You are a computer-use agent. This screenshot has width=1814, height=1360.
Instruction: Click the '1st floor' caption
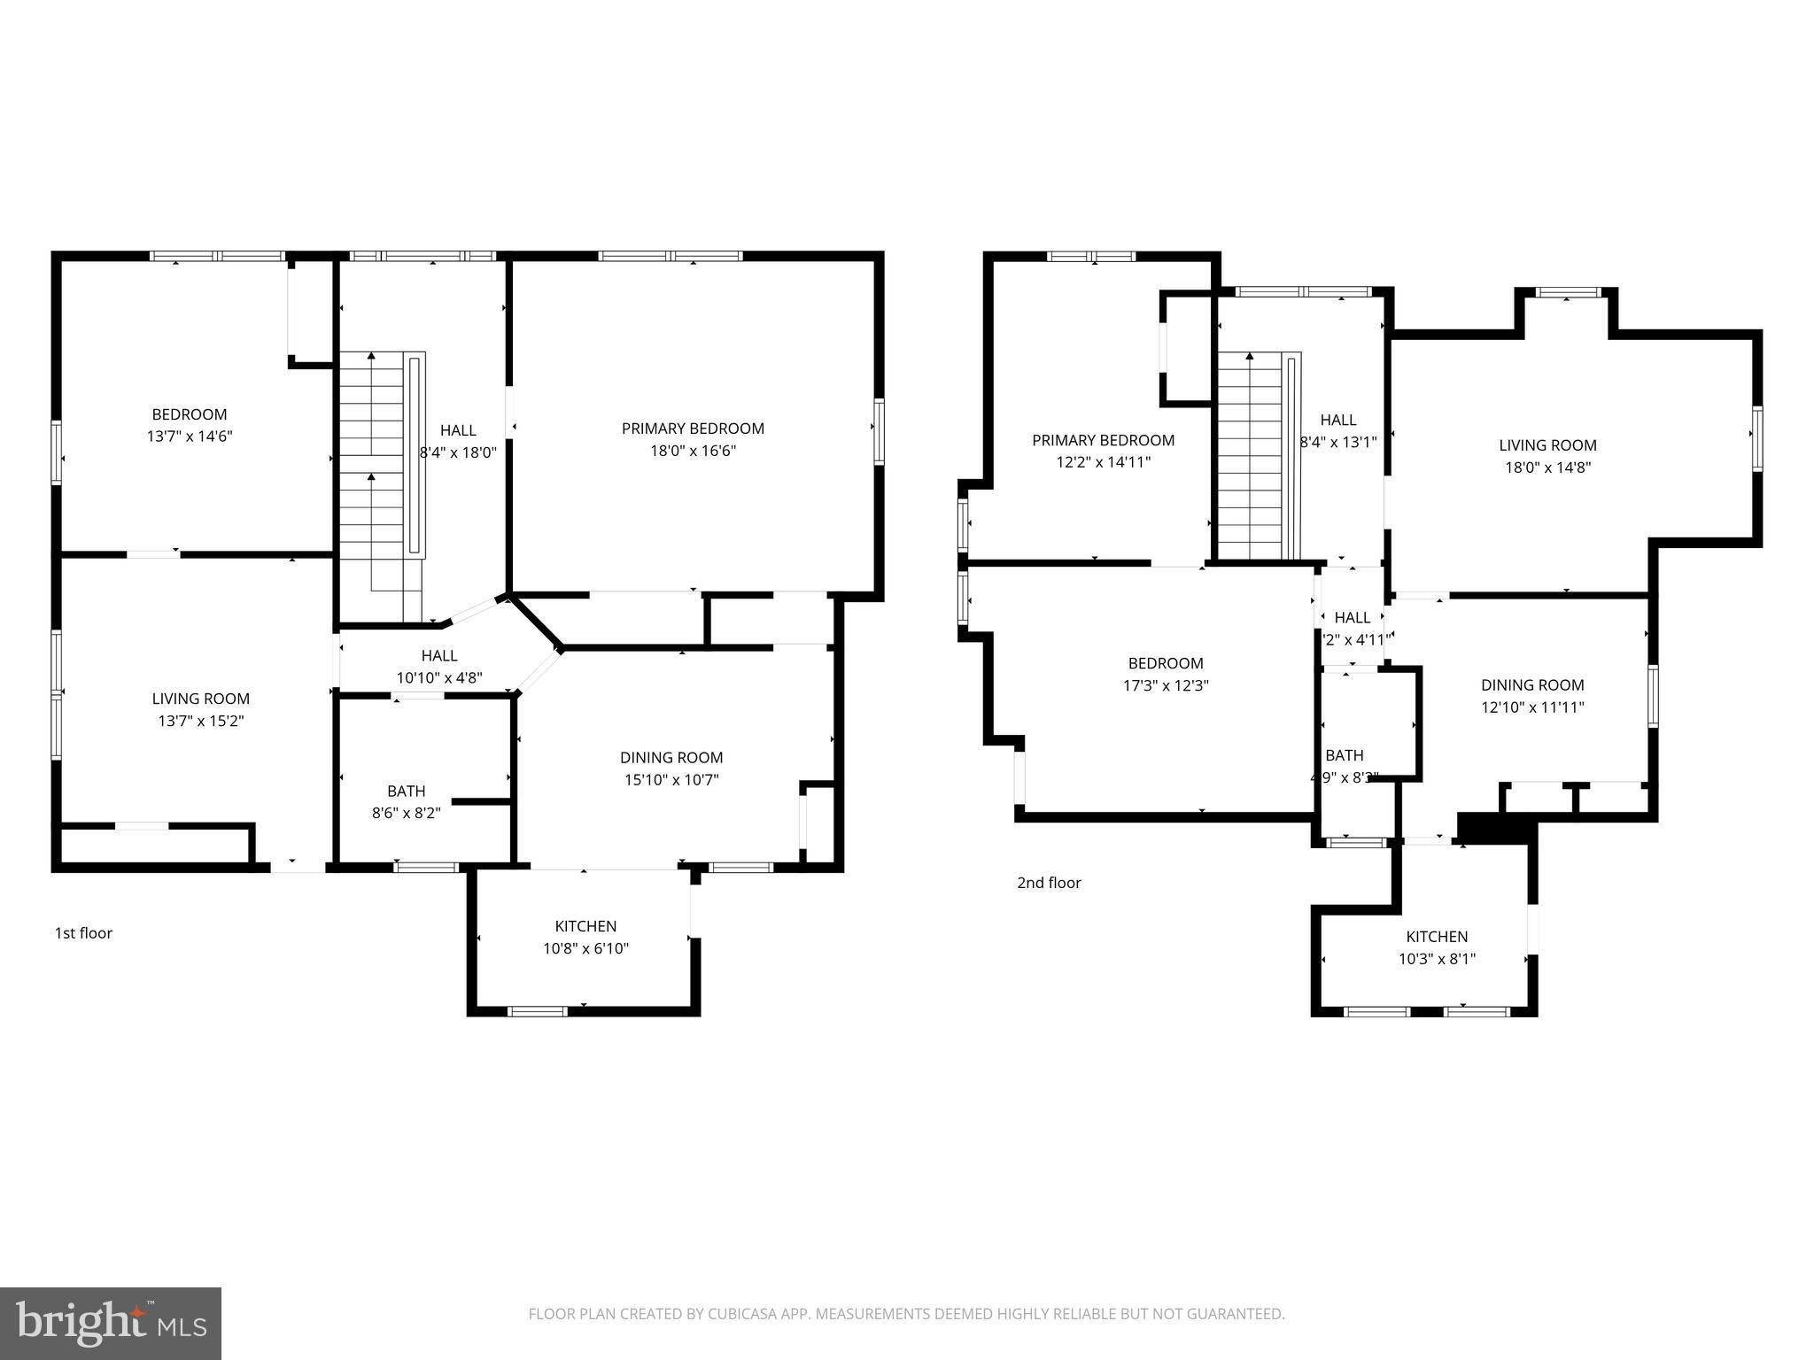[x=83, y=932]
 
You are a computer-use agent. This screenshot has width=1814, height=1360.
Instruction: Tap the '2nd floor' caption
[x=1049, y=882]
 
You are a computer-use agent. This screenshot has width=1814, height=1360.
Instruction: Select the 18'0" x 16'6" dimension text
[x=693, y=451]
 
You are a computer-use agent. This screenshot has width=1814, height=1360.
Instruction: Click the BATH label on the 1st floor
[x=406, y=791]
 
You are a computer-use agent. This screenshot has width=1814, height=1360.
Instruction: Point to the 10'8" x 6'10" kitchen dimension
[x=585, y=948]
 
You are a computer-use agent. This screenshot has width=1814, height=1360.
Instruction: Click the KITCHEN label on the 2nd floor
[x=1437, y=936]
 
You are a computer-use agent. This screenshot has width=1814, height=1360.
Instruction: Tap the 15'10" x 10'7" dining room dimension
[x=671, y=779]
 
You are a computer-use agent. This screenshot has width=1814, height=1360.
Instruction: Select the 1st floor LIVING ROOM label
[x=200, y=699]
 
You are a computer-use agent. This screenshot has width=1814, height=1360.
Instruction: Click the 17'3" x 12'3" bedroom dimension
[x=1165, y=685]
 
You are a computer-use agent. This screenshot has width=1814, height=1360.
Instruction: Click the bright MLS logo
[x=111, y=1324]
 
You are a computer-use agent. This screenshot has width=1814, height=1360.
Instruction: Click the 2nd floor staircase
[x=1251, y=456]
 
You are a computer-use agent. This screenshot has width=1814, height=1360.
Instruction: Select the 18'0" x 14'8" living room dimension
[x=1547, y=467]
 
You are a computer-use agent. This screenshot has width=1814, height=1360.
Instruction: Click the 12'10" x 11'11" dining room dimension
[x=1532, y=707]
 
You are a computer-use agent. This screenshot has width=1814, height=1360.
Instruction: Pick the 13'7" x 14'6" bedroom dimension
[x=190, y=436]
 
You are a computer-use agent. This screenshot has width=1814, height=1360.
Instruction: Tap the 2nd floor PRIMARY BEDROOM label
[x=1103, y=440]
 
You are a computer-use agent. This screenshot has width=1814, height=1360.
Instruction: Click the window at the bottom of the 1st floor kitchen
[x=538, y=1011]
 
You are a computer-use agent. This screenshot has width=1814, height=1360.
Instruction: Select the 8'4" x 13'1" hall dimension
[x=1337, y=442]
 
